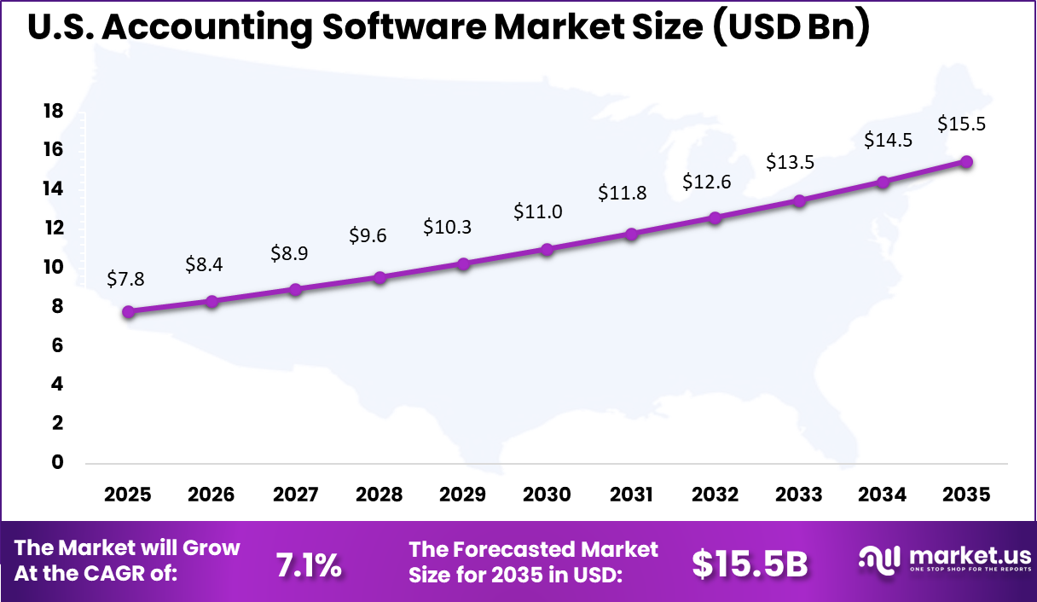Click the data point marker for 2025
click(128, 312)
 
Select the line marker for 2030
click(547, 249)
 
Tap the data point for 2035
click(966, 162)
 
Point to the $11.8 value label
click(623, 193)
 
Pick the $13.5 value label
click(789, 161)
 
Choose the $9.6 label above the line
click(368, 235)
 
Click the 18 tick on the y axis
click(53, 111)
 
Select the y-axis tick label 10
click(53, 267)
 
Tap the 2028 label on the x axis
click(379, 495)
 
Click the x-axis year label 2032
click(715, 495)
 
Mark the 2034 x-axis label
click(883, 495)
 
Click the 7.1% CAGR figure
click(309, 564)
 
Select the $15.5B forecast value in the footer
click(750, 564)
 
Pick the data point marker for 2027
click(295, 290)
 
